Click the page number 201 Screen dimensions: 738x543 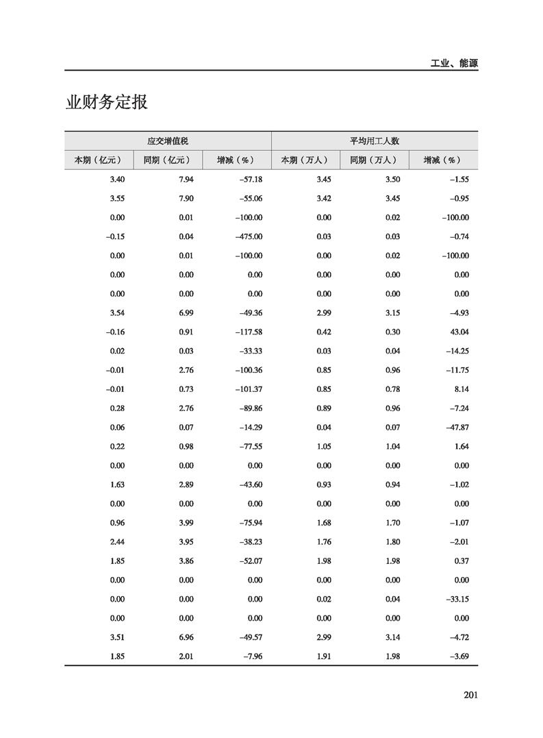click(x=470, y=695)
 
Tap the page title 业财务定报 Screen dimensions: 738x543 click(x=106, y=103)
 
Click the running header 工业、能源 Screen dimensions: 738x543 click(x=454, y=63)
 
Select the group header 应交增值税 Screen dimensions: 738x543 click(x=168, y=140)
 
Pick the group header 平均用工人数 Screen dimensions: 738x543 click(x=375, y=140)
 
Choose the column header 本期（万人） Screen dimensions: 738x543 click(x=305, y=160)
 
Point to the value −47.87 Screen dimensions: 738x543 click(x=455, y=427)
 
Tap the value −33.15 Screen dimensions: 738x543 click(x=455, y=599)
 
